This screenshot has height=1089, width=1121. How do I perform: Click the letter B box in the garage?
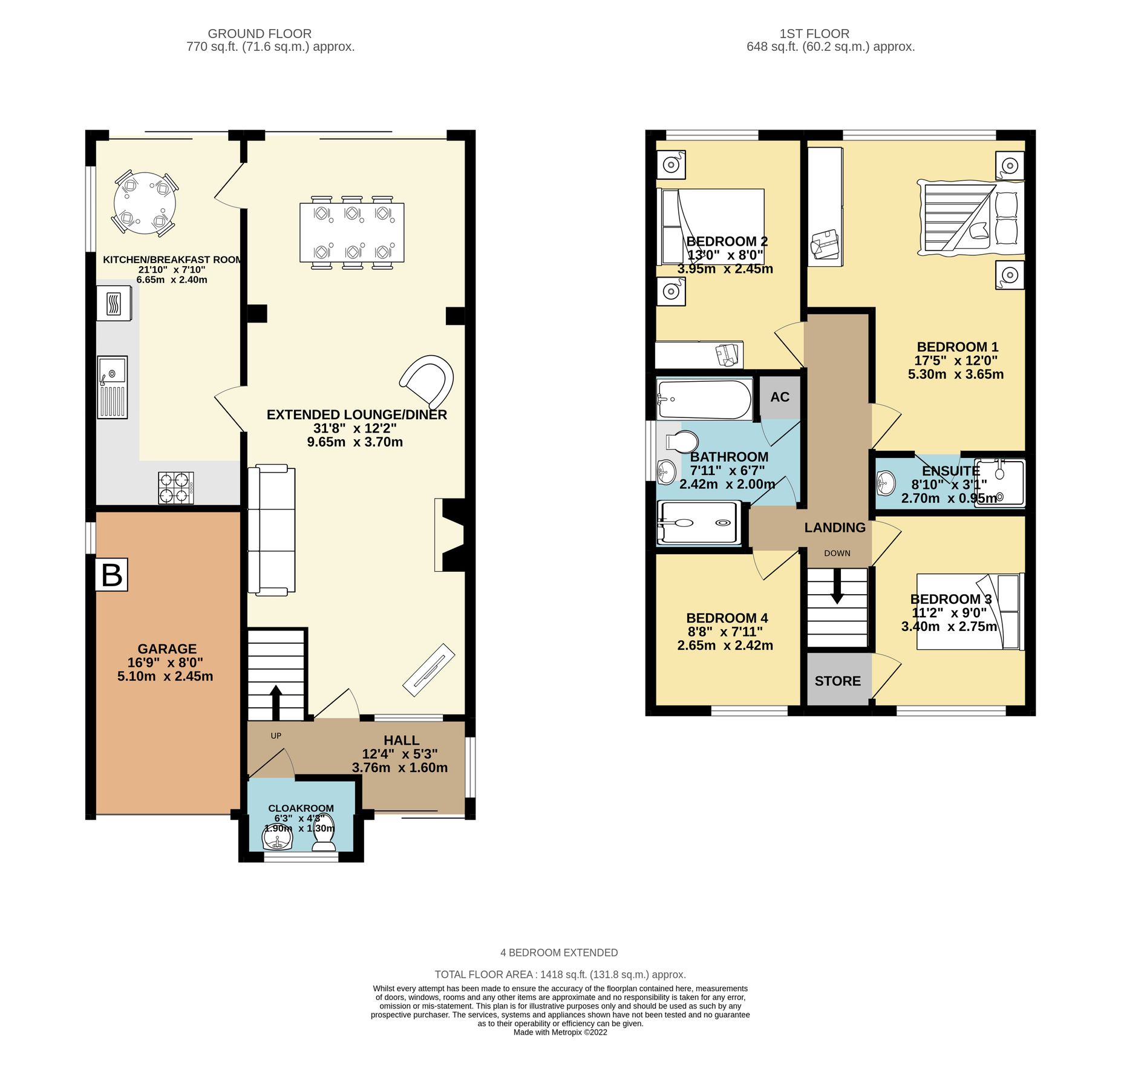111,574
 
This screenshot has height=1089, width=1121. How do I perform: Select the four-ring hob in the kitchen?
176,488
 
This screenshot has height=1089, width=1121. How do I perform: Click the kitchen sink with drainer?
113,387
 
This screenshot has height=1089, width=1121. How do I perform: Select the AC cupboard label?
779,397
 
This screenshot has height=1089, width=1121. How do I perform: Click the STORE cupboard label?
837,681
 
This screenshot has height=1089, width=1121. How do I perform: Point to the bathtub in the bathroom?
704,399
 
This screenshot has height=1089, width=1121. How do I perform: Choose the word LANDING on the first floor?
834,528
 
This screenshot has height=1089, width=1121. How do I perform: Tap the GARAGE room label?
167,649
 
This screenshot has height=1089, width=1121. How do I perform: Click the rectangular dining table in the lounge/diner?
351,232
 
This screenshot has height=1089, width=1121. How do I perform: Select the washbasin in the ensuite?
886,482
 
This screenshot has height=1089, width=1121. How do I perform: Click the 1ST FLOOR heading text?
814,34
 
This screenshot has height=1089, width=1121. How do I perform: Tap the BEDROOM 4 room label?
727,618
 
